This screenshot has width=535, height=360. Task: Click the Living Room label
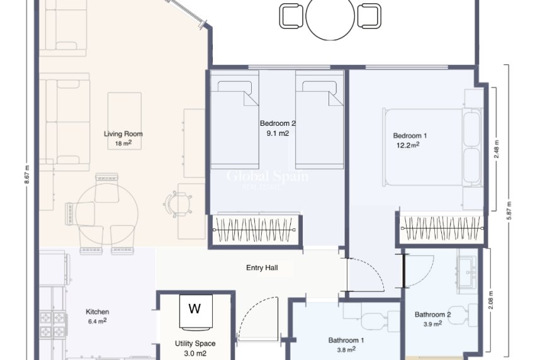point(123,133)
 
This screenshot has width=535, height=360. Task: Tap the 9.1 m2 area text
point(278,133)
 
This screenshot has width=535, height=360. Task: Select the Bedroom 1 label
point(410,135)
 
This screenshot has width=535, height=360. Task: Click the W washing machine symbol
point(195,309)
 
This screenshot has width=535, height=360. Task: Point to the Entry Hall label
point(262,267)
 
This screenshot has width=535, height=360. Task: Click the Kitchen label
point(98,312)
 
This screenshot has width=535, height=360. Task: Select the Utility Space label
point(195,344)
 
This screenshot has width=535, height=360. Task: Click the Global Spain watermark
point(267,177)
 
